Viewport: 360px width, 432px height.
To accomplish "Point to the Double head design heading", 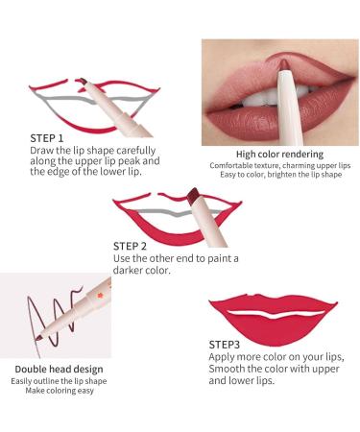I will click(59, 368).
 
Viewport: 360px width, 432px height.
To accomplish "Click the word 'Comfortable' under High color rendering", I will click(230, 165).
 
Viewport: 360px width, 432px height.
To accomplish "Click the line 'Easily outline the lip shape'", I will click(59, 380).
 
